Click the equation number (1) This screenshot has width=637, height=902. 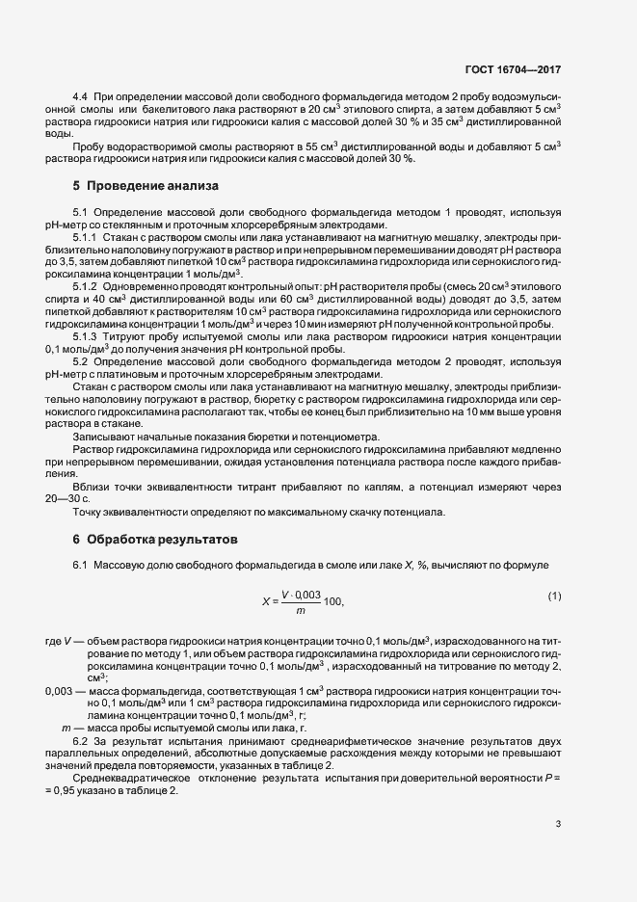click(x=554, y=597)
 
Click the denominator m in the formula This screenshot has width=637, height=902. click(x=301, y=610)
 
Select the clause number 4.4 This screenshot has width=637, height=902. click(x=81, y=100)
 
